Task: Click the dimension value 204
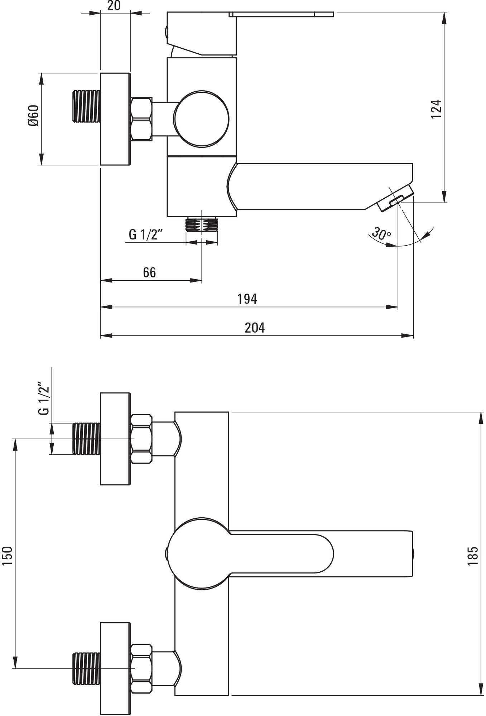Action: point(255,328)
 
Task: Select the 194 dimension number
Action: point(247,299)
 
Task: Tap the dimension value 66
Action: point(149,272)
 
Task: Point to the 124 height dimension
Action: point(436,109)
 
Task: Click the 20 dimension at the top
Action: point(114,6)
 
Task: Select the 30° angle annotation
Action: point(381,233)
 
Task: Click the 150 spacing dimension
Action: point(8,556)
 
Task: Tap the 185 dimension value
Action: point(473,556)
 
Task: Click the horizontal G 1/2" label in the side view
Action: point(146,235)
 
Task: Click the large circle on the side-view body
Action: point(201,119)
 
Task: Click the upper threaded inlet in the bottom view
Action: point(86,439)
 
